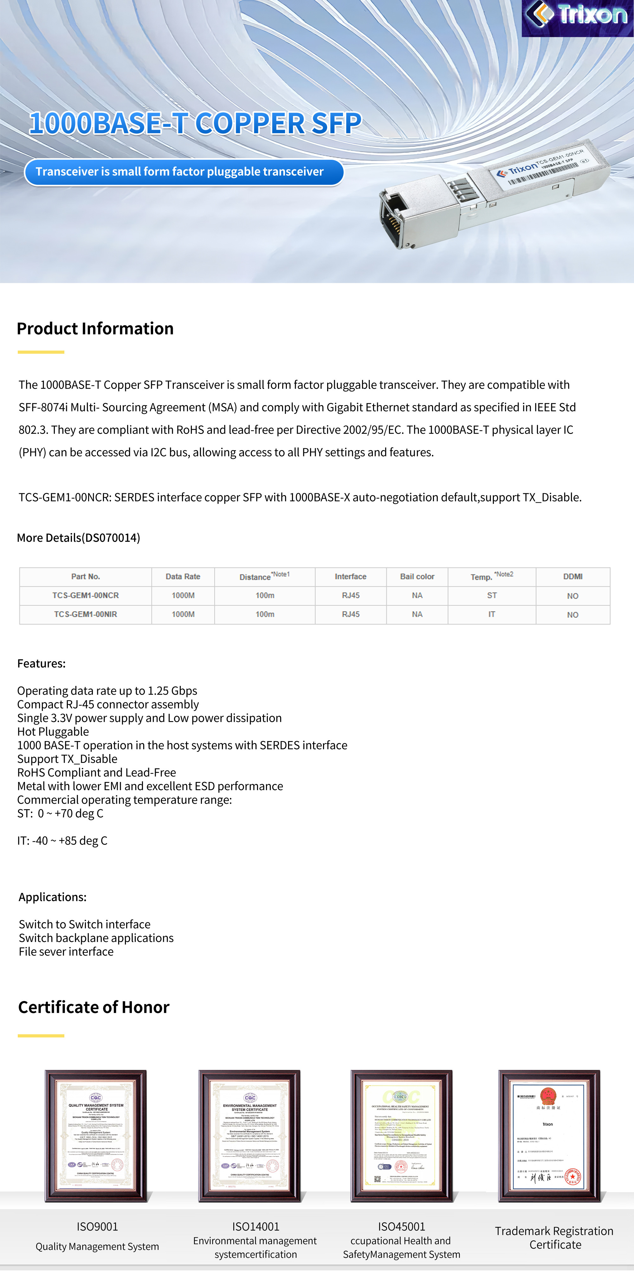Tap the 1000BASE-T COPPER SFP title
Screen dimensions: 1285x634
click(195, 123)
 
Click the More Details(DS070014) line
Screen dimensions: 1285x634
click(78, 538)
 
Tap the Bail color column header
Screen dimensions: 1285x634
click(417, 577)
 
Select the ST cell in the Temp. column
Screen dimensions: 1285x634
click(492, 596)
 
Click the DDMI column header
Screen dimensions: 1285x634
click(573, 577)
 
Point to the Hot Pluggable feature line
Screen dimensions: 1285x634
click(53, 732)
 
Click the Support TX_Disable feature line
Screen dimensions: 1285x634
click(67, 759)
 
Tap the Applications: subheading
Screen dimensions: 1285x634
click(52, 897)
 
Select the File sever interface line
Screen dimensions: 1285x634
click(66, 952)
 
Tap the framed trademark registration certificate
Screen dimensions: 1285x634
click(549, 1136)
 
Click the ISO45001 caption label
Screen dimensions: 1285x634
click(402, 1227)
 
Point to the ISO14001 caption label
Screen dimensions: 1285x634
click(256, 1227)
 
